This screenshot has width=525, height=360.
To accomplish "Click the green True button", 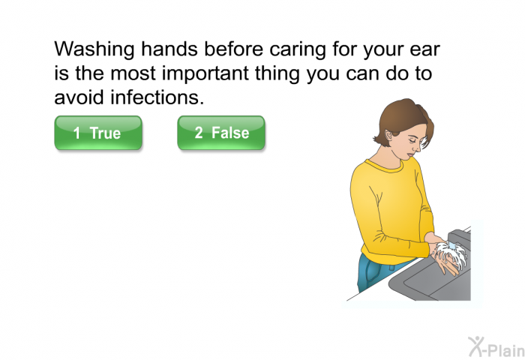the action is tap(98, 133).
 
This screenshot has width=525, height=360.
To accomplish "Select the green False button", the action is tap(221, 133).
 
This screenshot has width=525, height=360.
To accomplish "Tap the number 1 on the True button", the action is tap(76, 133).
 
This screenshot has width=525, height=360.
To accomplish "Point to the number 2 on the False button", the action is tap(199, 132).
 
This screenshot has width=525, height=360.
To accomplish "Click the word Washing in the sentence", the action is tap(94, 49).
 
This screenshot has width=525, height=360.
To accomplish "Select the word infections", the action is tap(157, 97).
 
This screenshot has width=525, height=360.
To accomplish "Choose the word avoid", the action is tap(79, 97).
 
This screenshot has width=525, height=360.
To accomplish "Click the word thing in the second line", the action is tap(277, 74).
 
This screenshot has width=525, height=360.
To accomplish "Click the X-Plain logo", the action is tap(496, 346).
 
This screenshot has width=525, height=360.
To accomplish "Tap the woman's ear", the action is tap(388, 136).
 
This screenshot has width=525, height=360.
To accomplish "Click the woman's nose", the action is tap(418, 146).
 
